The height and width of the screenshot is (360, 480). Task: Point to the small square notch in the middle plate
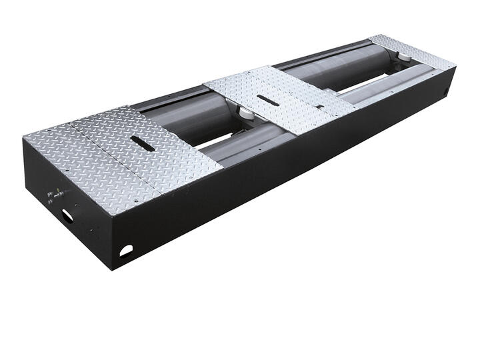(x=319, y=107)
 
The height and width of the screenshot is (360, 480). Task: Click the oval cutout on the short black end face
(x=68, y=215)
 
